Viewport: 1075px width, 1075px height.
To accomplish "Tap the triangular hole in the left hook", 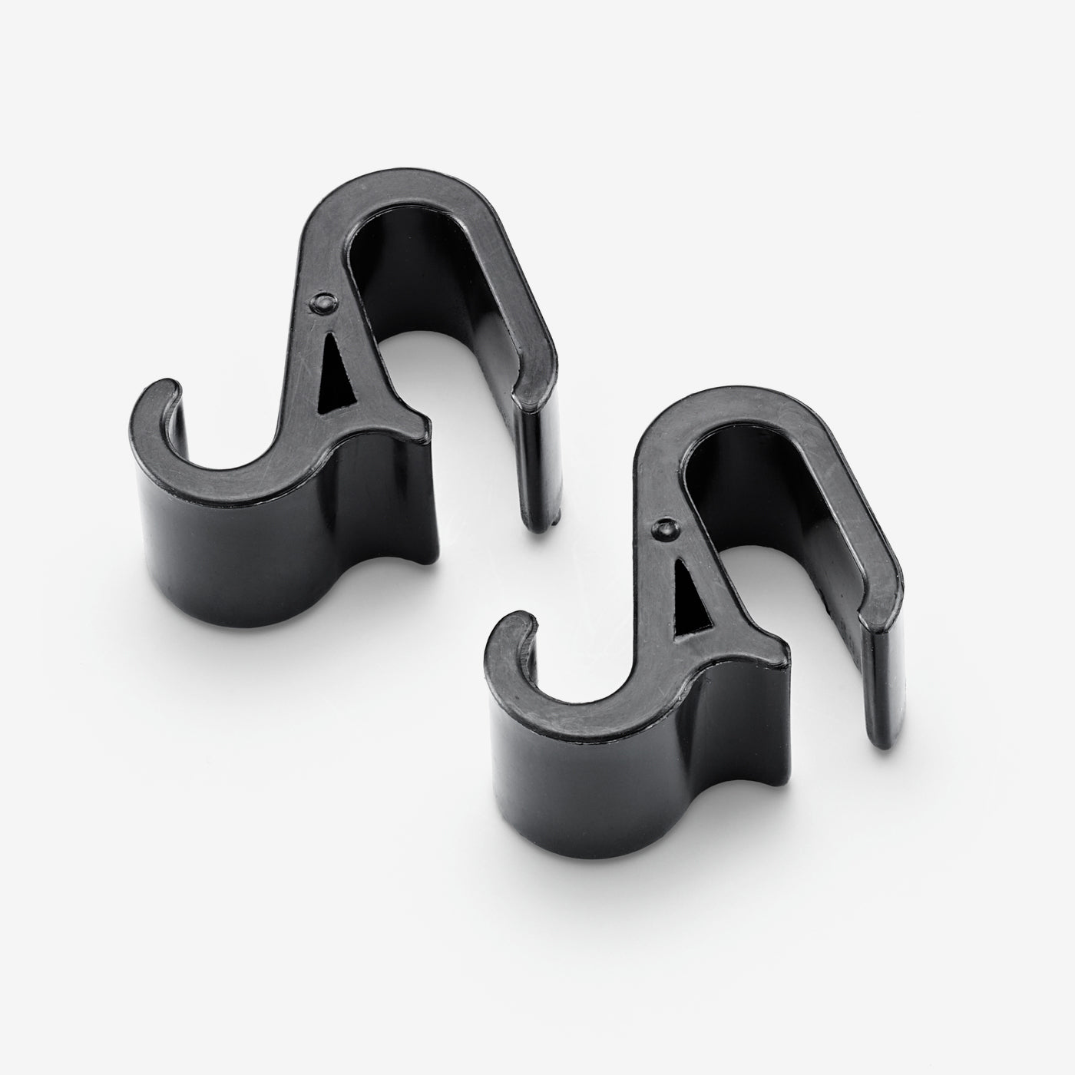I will pos(338,369).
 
